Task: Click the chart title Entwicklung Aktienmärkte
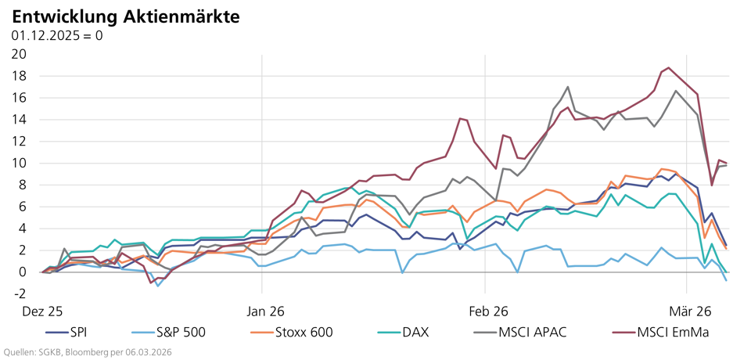tap(126, 16)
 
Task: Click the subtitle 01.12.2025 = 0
tap(57, 35)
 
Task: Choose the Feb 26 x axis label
tap(487, 310)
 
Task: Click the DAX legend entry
tap(403, 332)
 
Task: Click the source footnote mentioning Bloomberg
tap(87, 352)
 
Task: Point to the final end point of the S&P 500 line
tap(727, 280)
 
